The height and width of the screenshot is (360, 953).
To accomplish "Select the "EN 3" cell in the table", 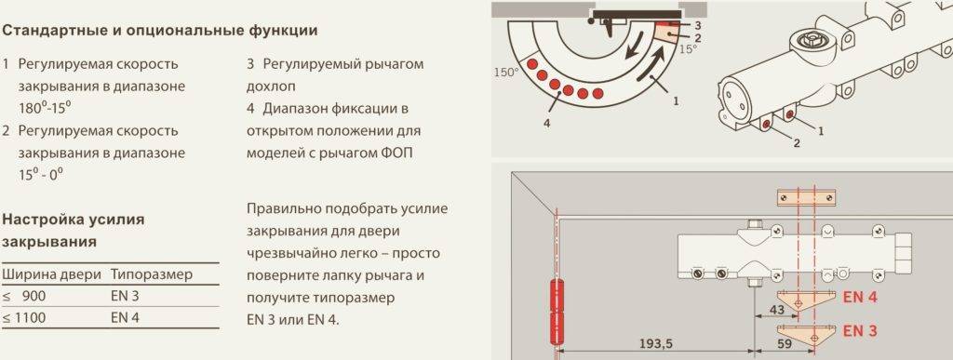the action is (x=126, y=296).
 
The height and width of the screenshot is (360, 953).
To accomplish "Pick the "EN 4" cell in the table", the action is (x=126, y=317).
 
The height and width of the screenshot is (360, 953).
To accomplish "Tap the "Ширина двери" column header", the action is (x=51, y=274).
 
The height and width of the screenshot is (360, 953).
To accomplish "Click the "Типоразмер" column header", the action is (x=152, y=274).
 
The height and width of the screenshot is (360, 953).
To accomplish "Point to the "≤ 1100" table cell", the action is (x=23, y=317).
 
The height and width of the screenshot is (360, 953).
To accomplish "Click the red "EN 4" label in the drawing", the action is (x=860, y=298).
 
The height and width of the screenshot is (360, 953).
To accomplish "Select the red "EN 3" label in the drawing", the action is (x=860, y=331).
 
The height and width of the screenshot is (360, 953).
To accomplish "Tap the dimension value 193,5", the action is (x=656, y=344).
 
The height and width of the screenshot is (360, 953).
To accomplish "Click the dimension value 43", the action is (x=776, y=309).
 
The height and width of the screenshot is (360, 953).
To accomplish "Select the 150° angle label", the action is (x=506, y=73).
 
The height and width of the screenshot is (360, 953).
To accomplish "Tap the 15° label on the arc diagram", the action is (x=689, y=49).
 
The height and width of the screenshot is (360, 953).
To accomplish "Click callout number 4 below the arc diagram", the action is (x=547, y=123).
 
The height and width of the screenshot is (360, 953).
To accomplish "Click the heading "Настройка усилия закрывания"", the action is (x=74, y=230).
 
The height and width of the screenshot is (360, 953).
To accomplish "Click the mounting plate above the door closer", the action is (x=807, y=197).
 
